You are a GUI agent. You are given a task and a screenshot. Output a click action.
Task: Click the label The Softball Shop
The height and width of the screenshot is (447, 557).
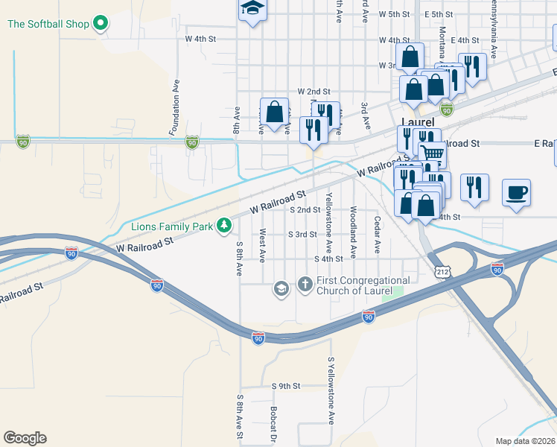pyautogui.click(x=48, y=24)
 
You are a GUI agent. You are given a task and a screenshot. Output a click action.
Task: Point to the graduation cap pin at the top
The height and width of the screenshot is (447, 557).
pyautogui.click(x=252, y=9)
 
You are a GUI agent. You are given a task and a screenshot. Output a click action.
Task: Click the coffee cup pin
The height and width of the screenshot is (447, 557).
pyautogui.click(x=516, y=192)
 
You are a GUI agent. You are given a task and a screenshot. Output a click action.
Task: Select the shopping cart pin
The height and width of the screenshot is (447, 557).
pyautogui.click(x=431, y=154)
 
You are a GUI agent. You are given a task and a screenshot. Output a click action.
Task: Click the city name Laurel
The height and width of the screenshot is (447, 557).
pyautogui.click(x=417, y=122)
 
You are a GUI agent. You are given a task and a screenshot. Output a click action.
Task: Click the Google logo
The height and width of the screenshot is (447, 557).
pyautogui.click(x=25, y=437)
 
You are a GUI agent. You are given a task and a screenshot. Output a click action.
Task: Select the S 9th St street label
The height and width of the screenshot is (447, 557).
pyautogui.click(x=285, y=386)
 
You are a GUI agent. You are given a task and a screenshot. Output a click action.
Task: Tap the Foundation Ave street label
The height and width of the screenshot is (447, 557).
pyautogui.click(x=176, y=108)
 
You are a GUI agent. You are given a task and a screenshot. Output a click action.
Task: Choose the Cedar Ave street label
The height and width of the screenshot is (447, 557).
pyautogui.click(x=378, y=233)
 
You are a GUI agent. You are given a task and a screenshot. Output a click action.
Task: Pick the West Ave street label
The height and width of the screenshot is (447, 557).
pyautogui.click(x=262, y=246)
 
